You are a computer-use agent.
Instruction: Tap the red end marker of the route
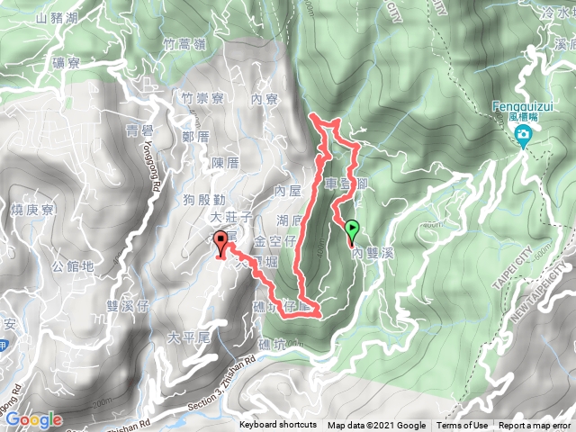pos(220,240)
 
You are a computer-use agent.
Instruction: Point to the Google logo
pos(32,419)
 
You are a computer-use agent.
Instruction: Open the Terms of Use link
pos(463,426)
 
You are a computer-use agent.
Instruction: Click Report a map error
pos(535,426)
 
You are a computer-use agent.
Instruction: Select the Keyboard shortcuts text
pos(278,426)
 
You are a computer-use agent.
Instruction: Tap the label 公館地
pos(73,266)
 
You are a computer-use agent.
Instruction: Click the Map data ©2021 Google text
pos(376,426)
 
